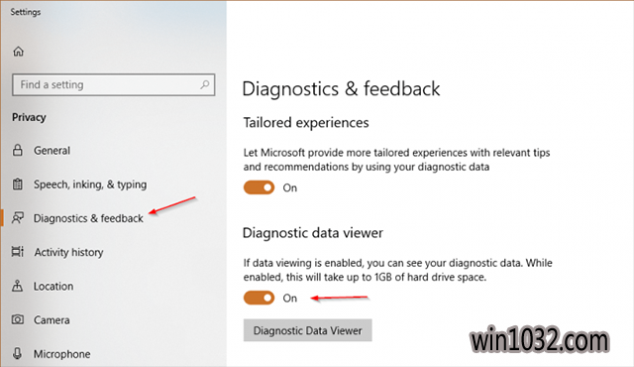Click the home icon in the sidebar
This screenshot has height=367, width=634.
coord(18,52)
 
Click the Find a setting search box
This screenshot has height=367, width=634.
coord(113,84)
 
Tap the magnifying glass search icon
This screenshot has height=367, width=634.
coord(205,84)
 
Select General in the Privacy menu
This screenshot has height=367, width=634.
coord(52,151)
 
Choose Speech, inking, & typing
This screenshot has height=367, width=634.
coord(90,184)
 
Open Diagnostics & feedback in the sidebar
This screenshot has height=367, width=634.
coord(88,218)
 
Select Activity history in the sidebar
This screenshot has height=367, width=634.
coord(68,252)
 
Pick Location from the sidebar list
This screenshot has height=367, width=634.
coord(53,286)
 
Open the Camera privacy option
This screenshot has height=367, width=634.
coord(52,320)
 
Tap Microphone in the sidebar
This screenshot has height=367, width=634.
coord(61,354)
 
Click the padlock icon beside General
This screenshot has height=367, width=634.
coord(18,150)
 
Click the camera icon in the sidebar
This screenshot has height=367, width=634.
coord(18,319)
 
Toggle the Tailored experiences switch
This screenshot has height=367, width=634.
coord(259,187)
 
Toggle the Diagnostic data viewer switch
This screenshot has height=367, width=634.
coord(259,299)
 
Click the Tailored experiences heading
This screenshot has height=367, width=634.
coord(306,123)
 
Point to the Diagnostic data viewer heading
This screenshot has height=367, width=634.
coord(313,233)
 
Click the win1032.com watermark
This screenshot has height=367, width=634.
coord(539,340)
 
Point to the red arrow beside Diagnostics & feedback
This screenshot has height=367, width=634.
coord(172,205)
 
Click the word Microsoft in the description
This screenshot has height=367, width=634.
coord(282,153)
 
